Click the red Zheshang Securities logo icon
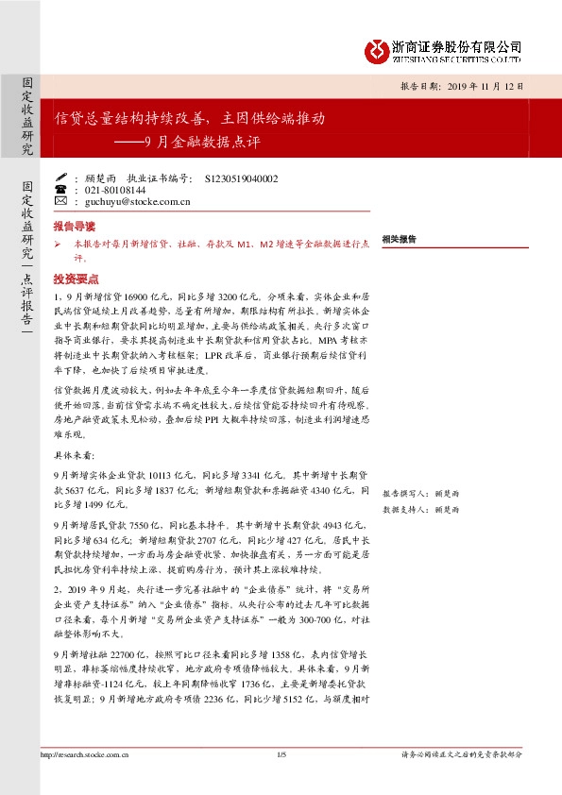375,49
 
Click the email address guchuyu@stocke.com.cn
138,201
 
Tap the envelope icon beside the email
61,201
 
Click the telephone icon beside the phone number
61,189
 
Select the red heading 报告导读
74,228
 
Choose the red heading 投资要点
74,279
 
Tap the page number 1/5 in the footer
281,754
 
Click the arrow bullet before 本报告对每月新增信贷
58,245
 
